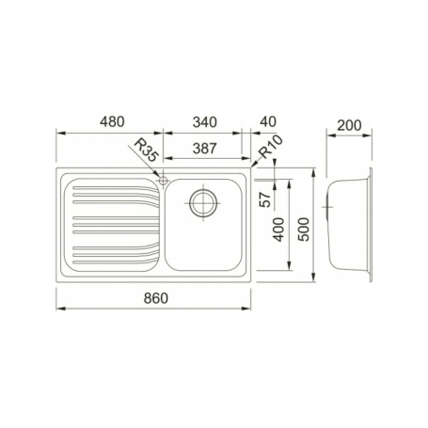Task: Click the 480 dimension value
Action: click(112, 121)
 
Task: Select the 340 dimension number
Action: click(204, 121)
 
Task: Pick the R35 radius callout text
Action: click(146, 151)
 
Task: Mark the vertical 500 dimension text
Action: click(303, 227)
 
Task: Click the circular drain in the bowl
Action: click(203, 201)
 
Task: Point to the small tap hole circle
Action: click(164, 180)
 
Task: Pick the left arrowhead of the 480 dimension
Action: click(58, 134)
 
